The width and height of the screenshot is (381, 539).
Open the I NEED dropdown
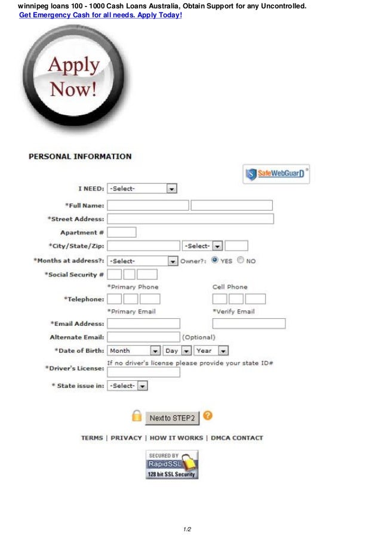pyautogui.click(x=142, y=189)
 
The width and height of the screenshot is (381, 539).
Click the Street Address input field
pyautogui.click(x=190, y=219)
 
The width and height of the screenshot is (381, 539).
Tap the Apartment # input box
pyautogui.click(x=121, y=232)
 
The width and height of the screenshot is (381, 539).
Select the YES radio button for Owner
pyautogui.click(x=215, y=260)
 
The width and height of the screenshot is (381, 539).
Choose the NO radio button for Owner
pyautogui.click(x=240, y=260)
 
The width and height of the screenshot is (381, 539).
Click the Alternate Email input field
pyautogui.click(x=143, y=337)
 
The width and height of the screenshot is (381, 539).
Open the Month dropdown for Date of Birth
pyautogui.click(x=134, y=351)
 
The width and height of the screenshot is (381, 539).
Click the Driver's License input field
pyautogui.click(x=143, y=372)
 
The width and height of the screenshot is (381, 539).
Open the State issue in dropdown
pyautogui.click(x=127, y=386)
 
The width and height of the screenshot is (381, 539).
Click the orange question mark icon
pyautogui.click(x=208, y=415)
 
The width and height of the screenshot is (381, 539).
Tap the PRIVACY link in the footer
pyautogui.click(x=126, y=438)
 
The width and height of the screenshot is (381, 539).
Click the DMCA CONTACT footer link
pyautogui.click(x=236, y=438)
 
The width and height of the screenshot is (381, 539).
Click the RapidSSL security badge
pyautogui.click(x=171, y=465)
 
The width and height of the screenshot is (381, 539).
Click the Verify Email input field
pyautogui.click(x=248, y=324)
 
